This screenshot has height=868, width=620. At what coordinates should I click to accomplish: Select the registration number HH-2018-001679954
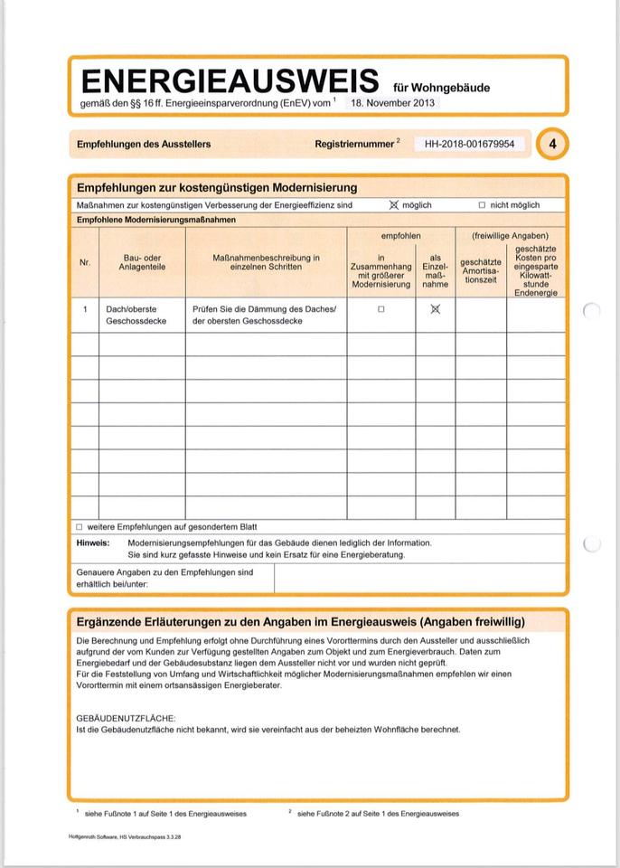pos(469,144)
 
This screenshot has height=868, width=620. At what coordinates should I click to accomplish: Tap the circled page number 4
pos(552,143)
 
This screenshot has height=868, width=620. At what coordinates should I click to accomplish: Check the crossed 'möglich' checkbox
pos(394,205)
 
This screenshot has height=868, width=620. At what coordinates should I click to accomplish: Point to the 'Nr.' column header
pos(85,263)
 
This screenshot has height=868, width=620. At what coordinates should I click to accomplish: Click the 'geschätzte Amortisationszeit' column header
pos(481,269)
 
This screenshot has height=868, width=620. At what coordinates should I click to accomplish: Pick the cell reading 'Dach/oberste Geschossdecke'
pos(136,315)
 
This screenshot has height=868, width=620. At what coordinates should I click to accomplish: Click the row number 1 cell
pos(85,309)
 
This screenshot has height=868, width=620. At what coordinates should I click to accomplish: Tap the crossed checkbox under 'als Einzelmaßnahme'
pos(435,309)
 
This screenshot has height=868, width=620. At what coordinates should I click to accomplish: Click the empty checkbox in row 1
pos(381,309)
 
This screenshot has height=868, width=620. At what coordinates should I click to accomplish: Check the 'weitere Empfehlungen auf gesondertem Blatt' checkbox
pos(80,526)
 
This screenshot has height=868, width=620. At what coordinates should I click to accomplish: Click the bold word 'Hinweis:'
pos(93,542)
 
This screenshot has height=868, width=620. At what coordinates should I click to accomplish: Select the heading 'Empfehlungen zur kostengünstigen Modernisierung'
pos(217,187)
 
